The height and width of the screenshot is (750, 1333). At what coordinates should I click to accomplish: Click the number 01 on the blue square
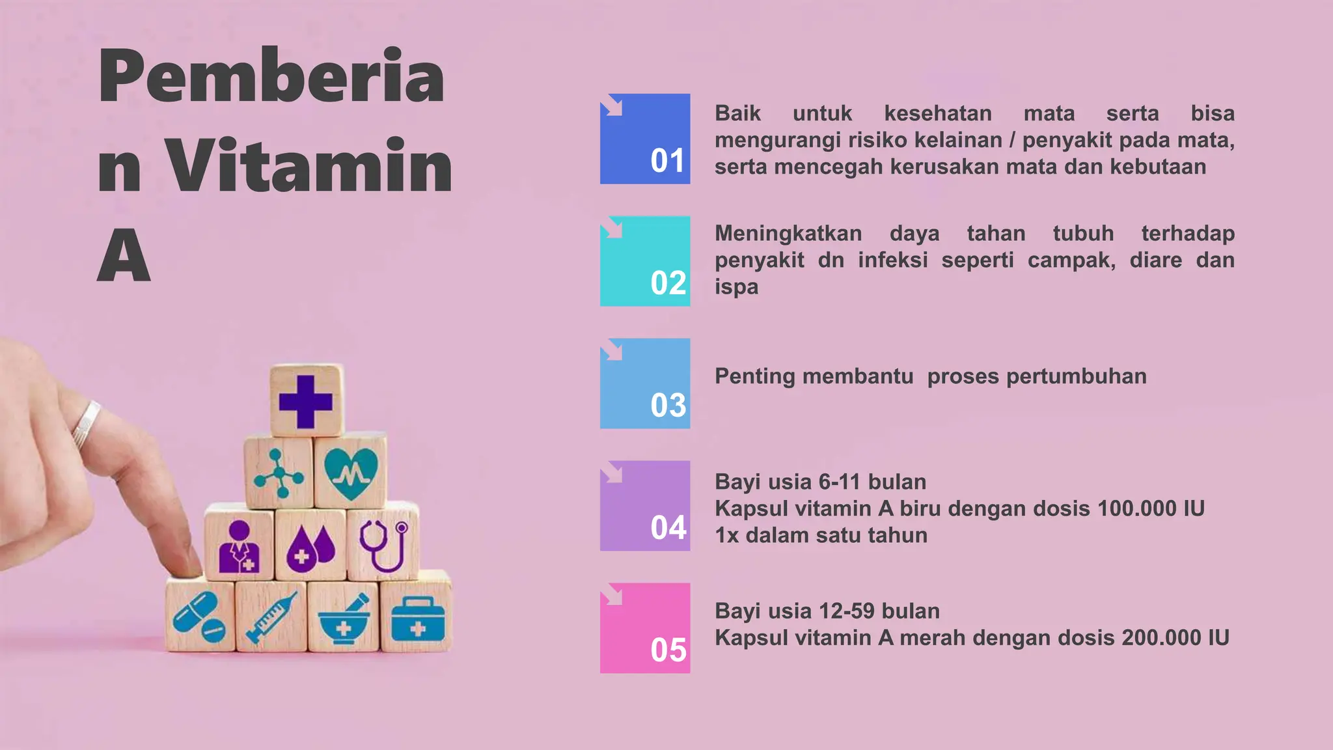point(667,161)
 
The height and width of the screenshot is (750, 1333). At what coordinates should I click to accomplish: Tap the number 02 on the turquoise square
point(668,283)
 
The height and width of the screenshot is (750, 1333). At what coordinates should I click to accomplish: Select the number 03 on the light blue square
point(668,406)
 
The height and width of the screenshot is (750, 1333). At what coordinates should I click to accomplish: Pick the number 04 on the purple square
point(668,528)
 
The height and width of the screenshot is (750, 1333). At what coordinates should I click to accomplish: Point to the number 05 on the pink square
point(668,650)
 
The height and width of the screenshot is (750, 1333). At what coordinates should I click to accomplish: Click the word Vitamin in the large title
point(309,166)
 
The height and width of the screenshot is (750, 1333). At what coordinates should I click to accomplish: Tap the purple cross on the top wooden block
point(305,402)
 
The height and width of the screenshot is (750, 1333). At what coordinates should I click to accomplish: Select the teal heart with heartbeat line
point(351,473)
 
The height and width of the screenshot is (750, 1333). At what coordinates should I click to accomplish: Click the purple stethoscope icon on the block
point(384,545)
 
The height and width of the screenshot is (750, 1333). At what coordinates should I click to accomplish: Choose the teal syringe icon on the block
point(271,617)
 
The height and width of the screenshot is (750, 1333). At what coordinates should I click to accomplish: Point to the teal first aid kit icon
point(417,619)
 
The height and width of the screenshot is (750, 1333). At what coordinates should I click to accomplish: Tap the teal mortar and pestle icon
point(344,619)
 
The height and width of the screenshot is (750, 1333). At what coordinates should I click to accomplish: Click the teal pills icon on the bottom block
point(199,617)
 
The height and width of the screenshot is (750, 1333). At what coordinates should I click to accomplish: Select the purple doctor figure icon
point(239,547)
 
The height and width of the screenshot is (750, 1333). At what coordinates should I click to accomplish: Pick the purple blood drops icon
point(310,548)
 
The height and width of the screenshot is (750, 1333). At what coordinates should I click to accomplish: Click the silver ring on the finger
point(86,425)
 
